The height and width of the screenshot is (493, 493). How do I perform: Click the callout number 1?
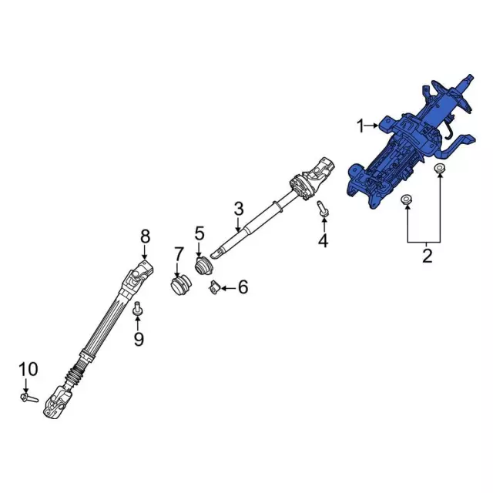(x=359, y=125)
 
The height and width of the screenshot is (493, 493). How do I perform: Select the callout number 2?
(x=426, y=255)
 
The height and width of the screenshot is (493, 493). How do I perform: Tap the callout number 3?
(x=239, y=208)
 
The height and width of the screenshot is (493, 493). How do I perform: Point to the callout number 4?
(x=323, y=241)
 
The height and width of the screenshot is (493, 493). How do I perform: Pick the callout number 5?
(x=200, y=233)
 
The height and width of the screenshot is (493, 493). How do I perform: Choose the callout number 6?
(x=243, y=288)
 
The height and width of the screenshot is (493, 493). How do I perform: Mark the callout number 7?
(x=179, y=253)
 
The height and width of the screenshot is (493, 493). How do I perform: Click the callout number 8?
(x=145, y=236)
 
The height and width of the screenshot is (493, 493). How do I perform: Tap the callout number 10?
(x=27, y=371)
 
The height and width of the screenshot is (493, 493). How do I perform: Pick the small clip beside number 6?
(x=210, y=288)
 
